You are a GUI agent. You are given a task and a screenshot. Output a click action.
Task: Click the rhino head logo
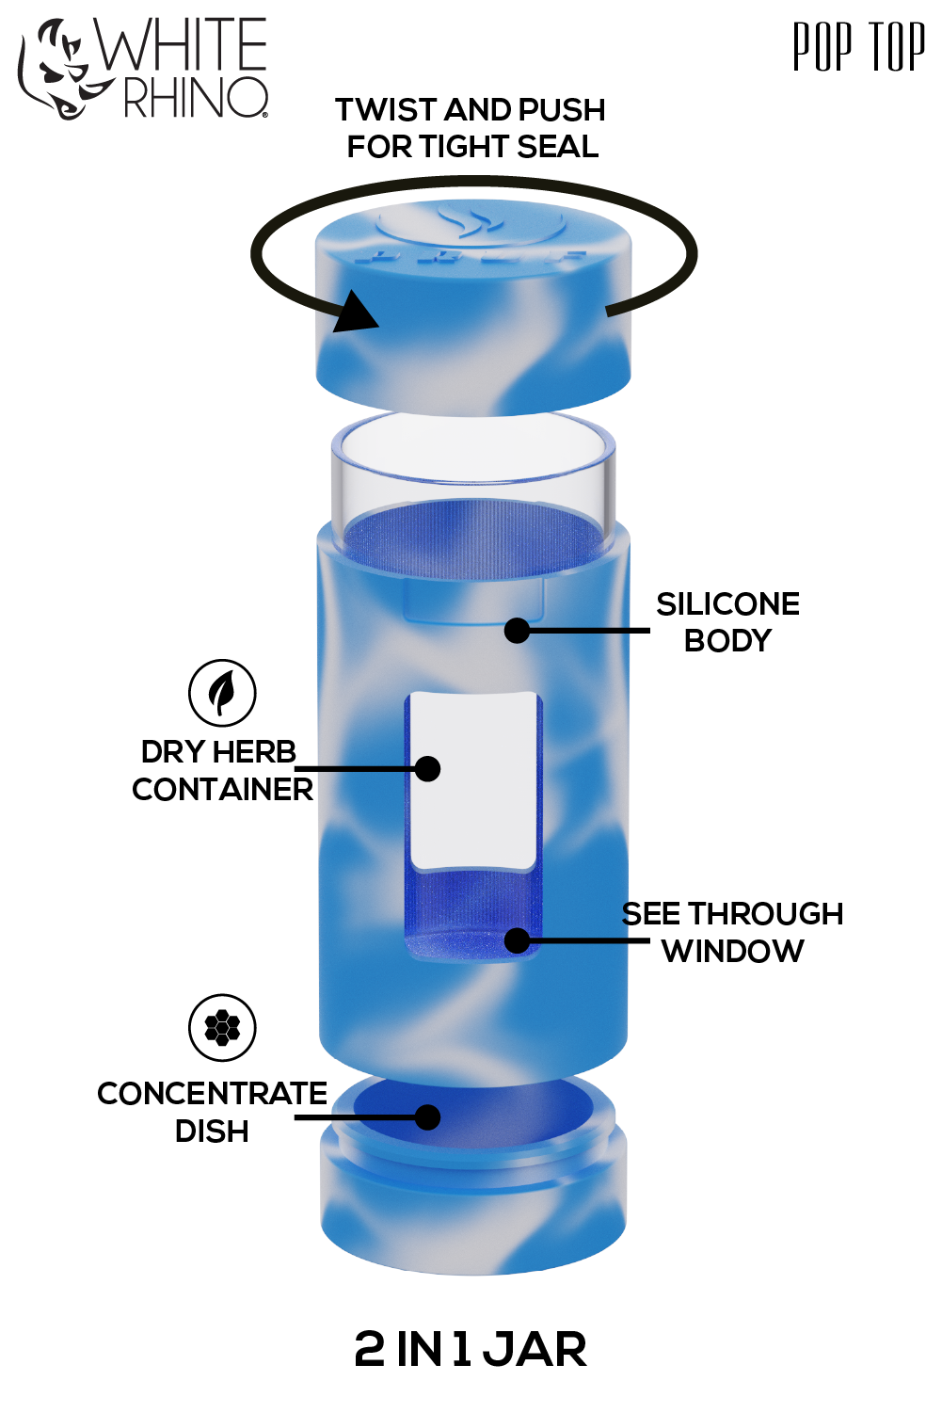click(x=60, y=70)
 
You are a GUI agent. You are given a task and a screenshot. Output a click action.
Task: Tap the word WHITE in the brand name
click(x=181, y=43)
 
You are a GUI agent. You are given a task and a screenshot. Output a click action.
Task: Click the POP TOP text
click(x=859, y=47)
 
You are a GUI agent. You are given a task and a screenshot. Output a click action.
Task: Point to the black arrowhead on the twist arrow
click(x=355, y=313)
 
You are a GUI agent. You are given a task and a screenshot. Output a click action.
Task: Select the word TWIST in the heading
click(x=388, y=110)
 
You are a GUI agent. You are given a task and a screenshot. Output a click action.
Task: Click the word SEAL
click(x=557, y=147)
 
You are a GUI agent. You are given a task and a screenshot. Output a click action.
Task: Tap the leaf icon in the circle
click(x=222, y=693)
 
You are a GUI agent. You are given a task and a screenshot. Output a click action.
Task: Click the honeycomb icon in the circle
click(x=222, y=1029)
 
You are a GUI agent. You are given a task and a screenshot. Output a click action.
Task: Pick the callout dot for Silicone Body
click(x=517, y=630)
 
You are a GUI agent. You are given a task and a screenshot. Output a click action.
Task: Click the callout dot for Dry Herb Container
click(x=427, y=769)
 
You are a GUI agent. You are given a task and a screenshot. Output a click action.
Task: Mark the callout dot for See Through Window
click(x=517, y=940)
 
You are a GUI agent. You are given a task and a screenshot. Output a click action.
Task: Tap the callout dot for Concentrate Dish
click(x=427, y=1117)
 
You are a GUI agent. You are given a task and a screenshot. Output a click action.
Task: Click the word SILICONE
click(x=727, y=604)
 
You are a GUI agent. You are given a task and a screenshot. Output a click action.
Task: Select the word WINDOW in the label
click(x=733, y=951)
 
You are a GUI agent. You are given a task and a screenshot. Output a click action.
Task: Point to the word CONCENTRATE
click(x=212, y=1094)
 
